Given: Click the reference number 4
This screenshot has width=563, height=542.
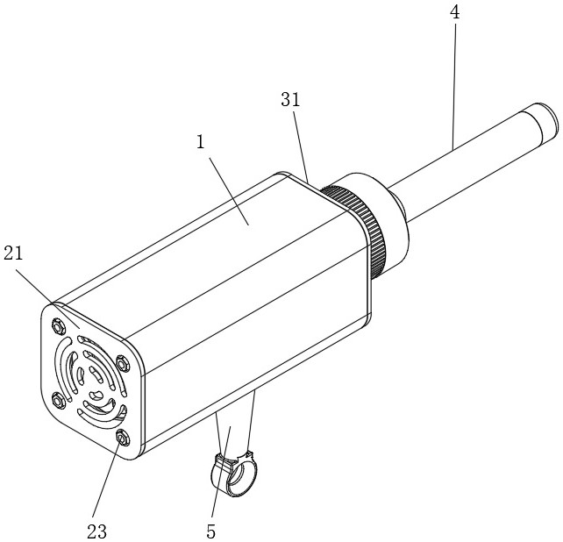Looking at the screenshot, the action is click(x=454, y=12).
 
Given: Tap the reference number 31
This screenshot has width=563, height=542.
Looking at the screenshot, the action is click(x=290, y=100).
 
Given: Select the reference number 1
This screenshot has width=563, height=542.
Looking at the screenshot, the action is click(x=200, y=142).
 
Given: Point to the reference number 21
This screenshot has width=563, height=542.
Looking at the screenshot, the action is click(x=13, y=253).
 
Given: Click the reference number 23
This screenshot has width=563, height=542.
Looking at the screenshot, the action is click(x=97, y=531).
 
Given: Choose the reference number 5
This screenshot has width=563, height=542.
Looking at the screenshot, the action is click(x=211, y=531).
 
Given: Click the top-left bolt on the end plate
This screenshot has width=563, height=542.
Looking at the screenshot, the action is click(x=58, y=326).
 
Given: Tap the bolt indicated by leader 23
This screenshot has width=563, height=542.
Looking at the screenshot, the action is click(x=123, y=439).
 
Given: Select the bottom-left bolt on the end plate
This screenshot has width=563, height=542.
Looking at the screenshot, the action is click(x=59, y=401).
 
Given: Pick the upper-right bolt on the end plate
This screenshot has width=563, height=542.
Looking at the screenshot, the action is click(x=123, y=364).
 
